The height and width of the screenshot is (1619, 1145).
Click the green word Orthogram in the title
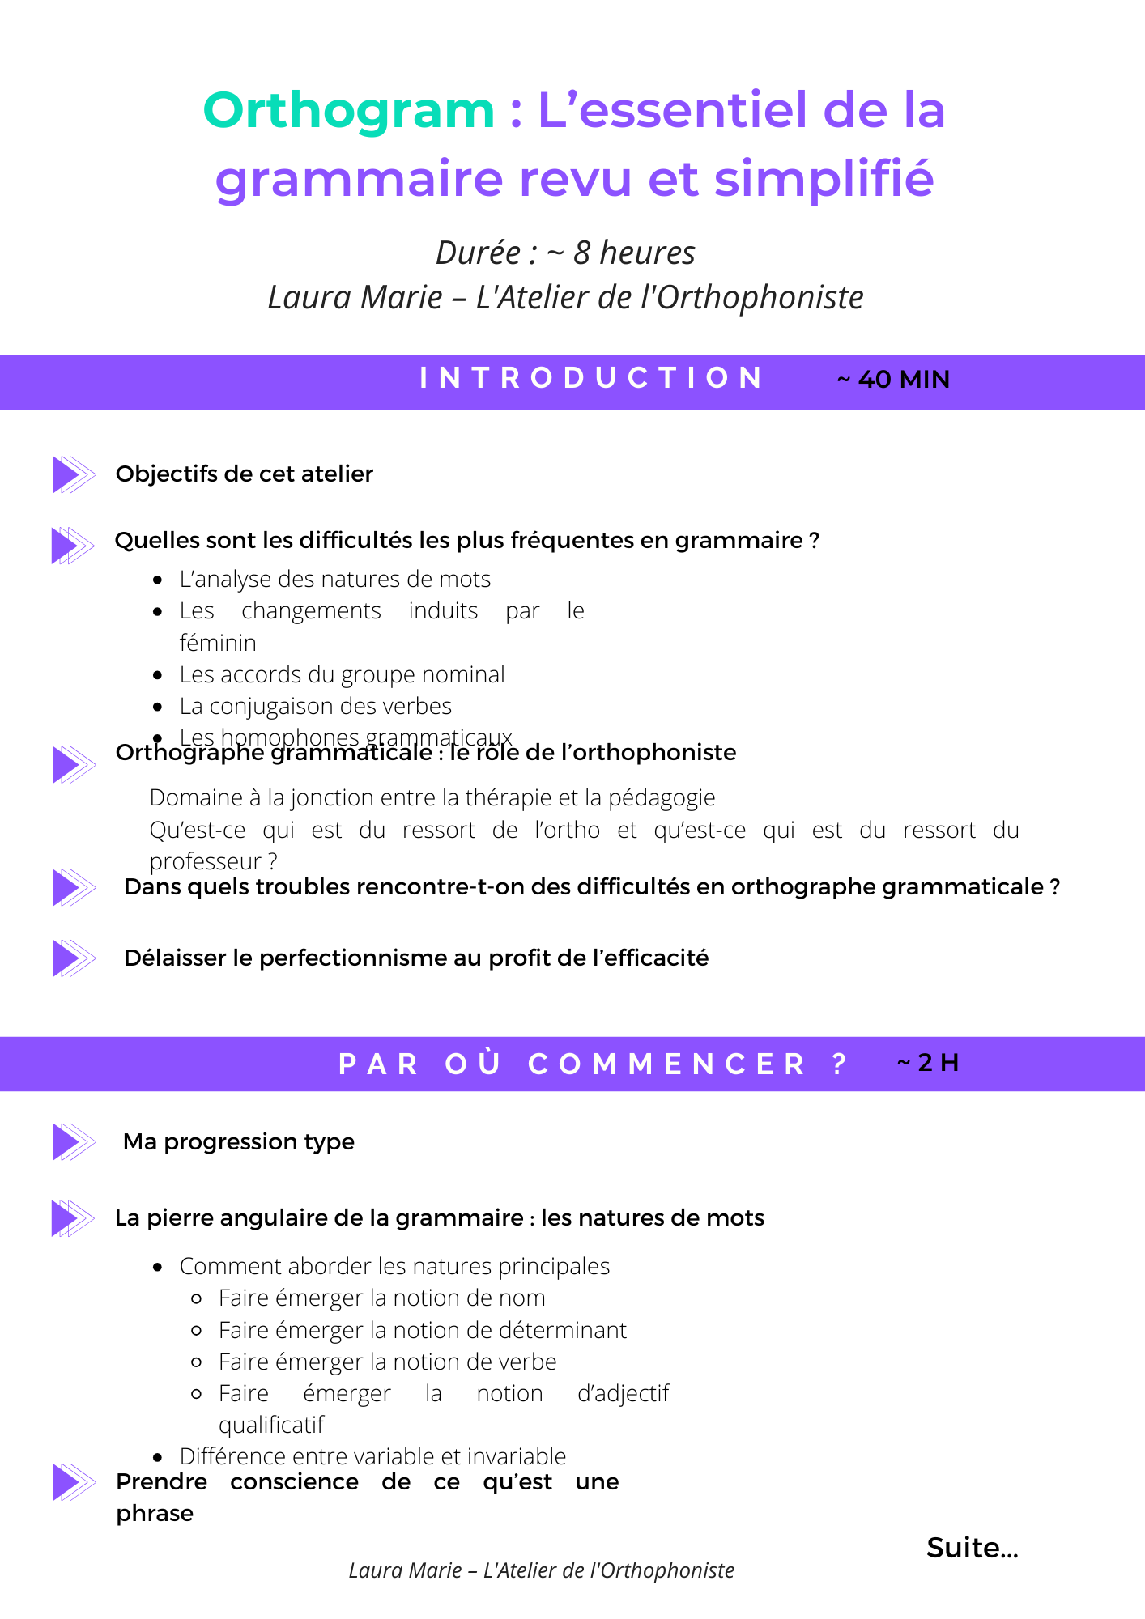(348, 110)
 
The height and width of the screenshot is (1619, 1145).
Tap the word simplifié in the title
(824, 178)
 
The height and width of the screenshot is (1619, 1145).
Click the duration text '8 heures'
(634, 253)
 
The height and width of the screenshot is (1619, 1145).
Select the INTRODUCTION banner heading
(591, 378)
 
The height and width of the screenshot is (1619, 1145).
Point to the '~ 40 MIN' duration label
(893, 380)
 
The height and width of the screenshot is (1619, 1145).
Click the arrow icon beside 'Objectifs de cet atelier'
(74, 474)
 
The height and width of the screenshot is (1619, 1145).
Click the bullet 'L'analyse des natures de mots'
(334, 580)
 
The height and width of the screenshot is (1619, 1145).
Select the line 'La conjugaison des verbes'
(315, 707)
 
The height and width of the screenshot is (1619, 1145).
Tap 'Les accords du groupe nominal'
(342, 675)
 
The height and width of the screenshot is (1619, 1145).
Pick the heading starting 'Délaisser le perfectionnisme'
(415, 958)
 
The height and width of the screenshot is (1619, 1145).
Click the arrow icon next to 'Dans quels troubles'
(74, 888)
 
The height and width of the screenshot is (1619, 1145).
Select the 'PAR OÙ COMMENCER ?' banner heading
(591, 1064)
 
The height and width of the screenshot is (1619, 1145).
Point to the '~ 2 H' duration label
(928, 1063)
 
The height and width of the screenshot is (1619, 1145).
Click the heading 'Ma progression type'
(238, 1142)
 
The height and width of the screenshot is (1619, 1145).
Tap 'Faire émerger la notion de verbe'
(387, 1362)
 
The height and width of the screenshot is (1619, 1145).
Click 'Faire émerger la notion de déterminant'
(422, 1331)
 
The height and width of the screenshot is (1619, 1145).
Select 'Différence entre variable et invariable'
(372, 1457)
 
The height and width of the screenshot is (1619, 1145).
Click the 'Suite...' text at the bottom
(972, 1549)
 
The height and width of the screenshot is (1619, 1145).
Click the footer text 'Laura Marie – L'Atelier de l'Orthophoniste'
(541, 1571)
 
